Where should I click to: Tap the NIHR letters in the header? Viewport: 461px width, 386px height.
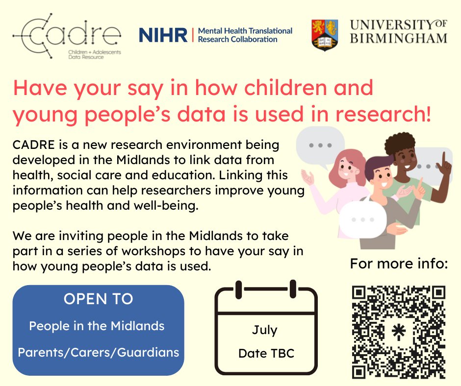pyautogui.click(x=163, y=35)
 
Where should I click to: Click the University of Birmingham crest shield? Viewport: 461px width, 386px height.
pyautogui.click(x=324, y=35)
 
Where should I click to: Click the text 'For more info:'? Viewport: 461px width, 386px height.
pyautogui.click(x=399, y=265)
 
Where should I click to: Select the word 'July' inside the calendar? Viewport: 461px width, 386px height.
pyautogui.click(x=264, y=330)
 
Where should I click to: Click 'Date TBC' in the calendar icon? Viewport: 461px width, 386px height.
pyautogui.click(x=266, y=353)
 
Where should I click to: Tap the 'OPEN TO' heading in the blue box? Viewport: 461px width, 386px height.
pyautogui.click(x=98, y=299)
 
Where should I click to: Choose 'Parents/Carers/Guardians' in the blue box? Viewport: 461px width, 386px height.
pyautogui.click(x=98, y=352)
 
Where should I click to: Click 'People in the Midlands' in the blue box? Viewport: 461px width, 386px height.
pyautogui.click(x=97, y=325)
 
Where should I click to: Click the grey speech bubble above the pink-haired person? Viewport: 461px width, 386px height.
pyautogui.click(x=321, y=145)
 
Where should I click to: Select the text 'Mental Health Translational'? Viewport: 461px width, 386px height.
pyautogui.click(x=245, y=31)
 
